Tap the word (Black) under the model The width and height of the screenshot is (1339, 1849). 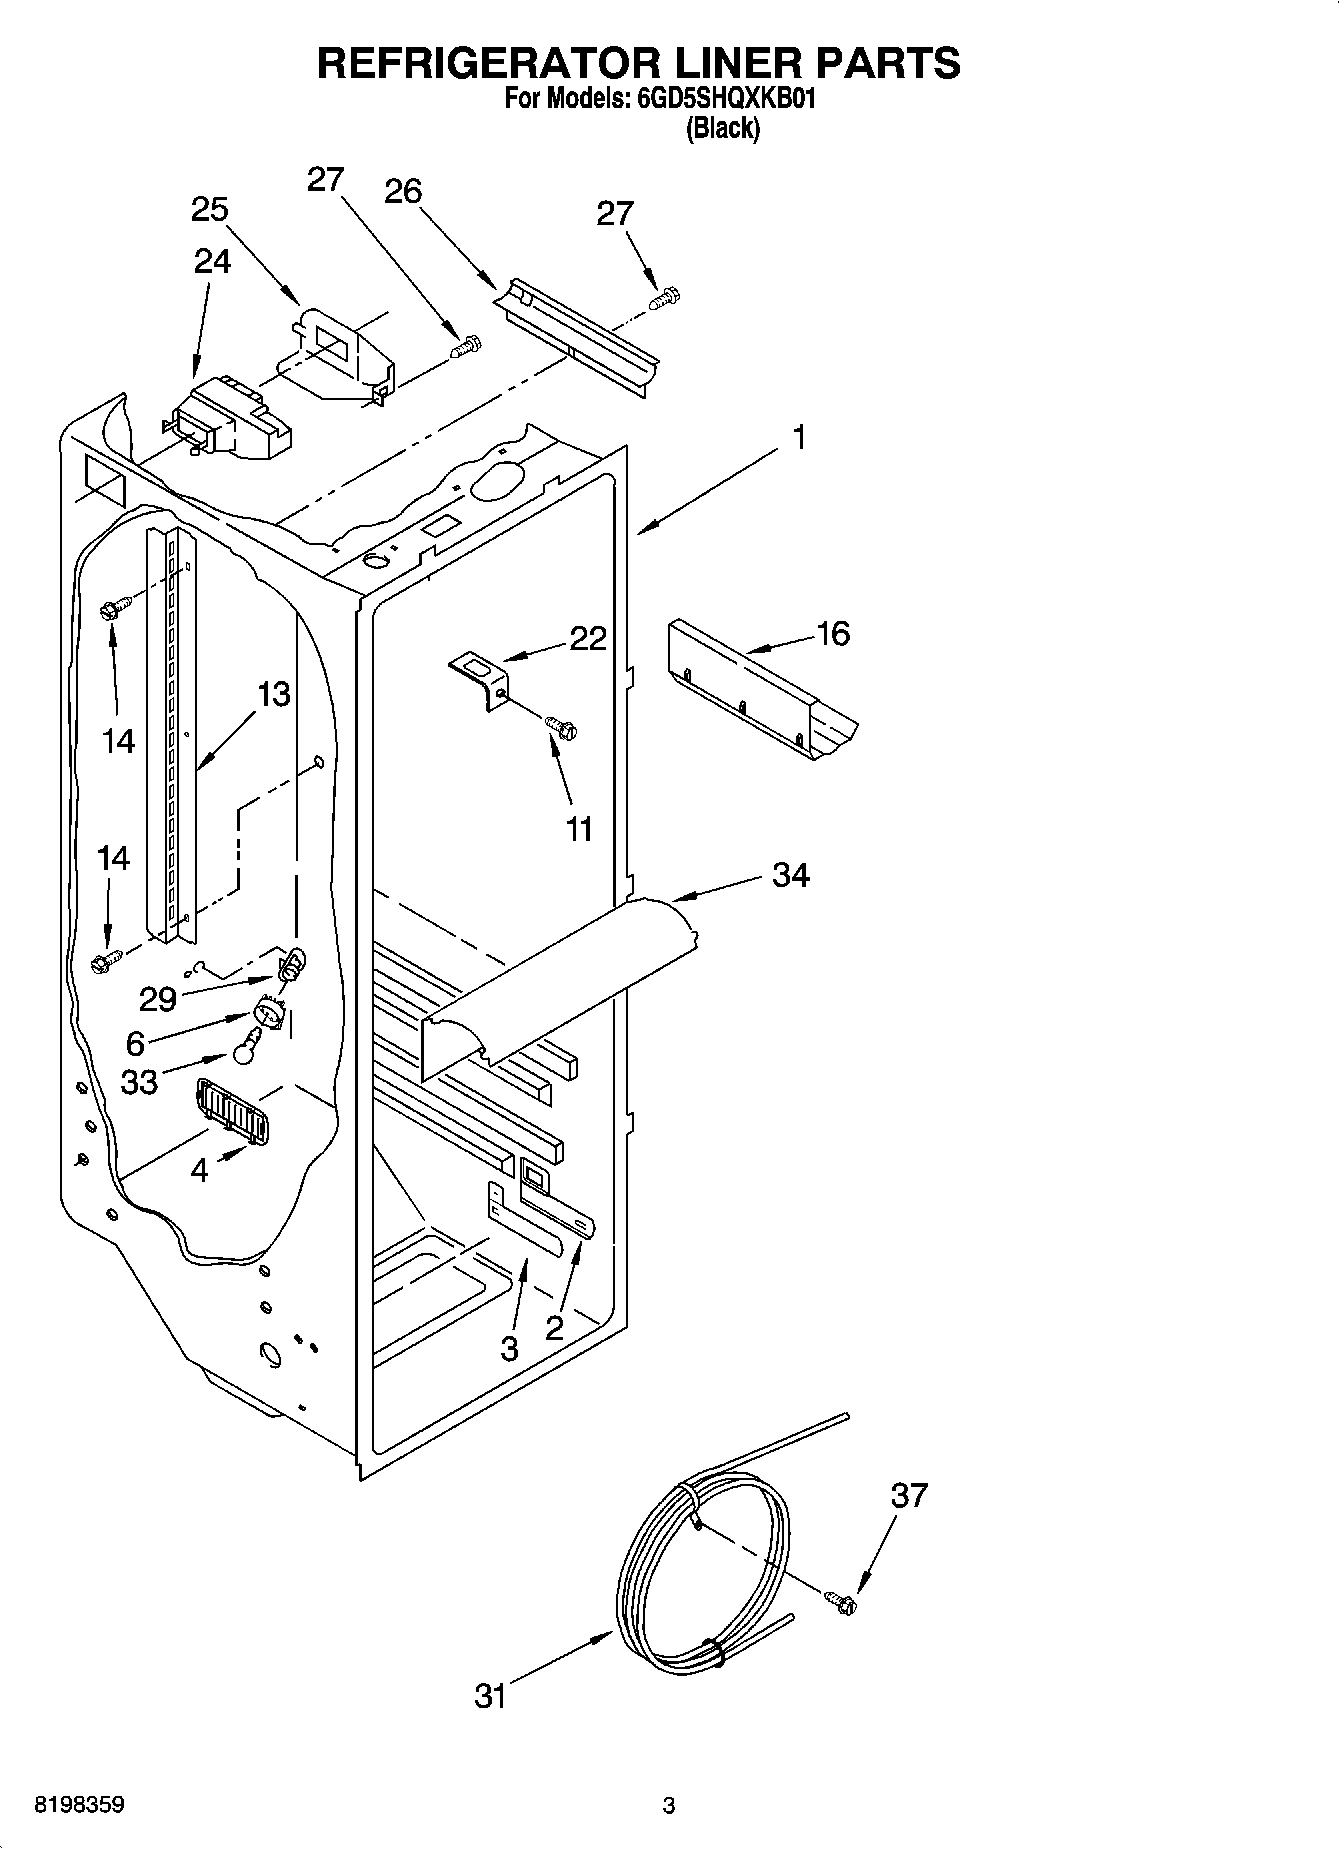point(722,129)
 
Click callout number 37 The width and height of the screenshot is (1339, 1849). point(909,1496)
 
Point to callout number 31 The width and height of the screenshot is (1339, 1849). point(490,1696)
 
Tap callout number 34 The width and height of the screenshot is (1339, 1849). point(790,876)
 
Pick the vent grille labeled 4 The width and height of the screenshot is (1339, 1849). point(232,1107)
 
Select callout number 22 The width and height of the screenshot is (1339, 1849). point(588,638)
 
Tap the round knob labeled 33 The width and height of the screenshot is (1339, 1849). point(247,1050)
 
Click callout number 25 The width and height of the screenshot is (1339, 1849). point(210,210)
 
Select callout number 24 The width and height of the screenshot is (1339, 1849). point(212,261)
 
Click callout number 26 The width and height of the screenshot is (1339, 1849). point(403,191)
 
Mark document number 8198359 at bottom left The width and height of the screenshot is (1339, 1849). point(80,1806)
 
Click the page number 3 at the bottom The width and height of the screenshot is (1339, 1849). point(669,1806)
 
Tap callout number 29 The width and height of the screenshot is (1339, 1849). point(158,998)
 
